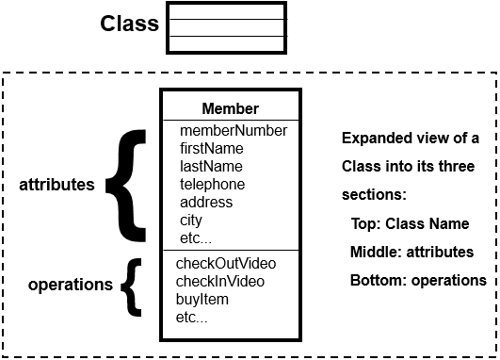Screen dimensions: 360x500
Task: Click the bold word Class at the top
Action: point(130,24)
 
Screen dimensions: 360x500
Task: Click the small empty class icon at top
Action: point(226,28)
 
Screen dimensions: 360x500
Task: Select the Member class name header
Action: point(230,108)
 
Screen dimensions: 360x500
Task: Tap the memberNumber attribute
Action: point(233,130)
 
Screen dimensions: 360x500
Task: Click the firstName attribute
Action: point(212,148)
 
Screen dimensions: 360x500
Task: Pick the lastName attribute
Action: point(212,166)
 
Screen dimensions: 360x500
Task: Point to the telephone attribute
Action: point(212,184)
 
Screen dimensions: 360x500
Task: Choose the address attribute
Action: point(206,202)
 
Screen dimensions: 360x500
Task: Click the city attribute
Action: point(191,220)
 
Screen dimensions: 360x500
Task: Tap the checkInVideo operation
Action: point(220,281)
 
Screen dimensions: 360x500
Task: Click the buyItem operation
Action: point(202,299)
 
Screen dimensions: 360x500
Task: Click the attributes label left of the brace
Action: point(56,185)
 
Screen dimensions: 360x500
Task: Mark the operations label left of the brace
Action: point(71,284)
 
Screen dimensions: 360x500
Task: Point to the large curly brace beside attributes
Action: point(126,185)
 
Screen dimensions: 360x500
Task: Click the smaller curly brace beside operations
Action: point(134,286)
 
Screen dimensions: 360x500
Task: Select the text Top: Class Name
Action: point(410,224)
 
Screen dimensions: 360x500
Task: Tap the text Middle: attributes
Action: point(411,252)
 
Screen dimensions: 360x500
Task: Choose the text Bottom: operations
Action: point(418,280)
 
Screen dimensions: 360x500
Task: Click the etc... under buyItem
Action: point(192,318)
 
